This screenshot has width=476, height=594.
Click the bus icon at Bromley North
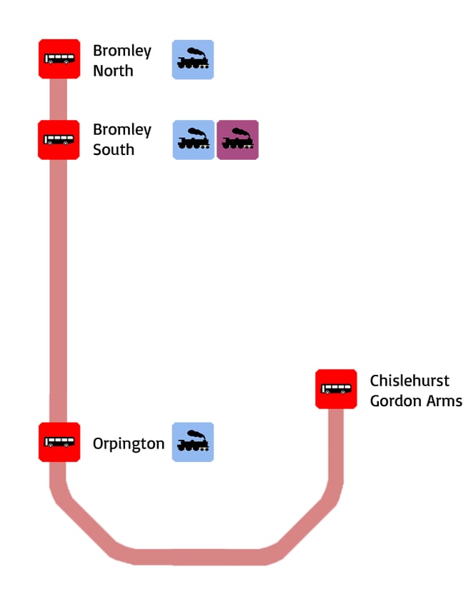59,59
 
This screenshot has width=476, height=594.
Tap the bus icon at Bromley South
59,140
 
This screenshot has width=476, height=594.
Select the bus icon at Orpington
59,442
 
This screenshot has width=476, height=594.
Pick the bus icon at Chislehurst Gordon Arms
336,389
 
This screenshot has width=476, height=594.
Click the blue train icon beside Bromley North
193,59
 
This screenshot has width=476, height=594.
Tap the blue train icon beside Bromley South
194,140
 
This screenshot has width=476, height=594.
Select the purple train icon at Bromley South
237,140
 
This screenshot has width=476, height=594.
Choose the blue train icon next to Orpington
193,442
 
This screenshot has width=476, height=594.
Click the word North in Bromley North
113,71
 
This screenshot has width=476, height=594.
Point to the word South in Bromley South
114,150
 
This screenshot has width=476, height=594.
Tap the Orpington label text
129,444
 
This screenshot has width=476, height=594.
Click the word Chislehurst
410,381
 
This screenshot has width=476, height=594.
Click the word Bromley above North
122,51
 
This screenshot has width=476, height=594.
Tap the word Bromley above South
122,130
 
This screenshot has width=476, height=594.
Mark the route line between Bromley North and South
59,99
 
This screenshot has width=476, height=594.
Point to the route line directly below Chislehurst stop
336,443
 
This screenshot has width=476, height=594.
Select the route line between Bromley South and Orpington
59,286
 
